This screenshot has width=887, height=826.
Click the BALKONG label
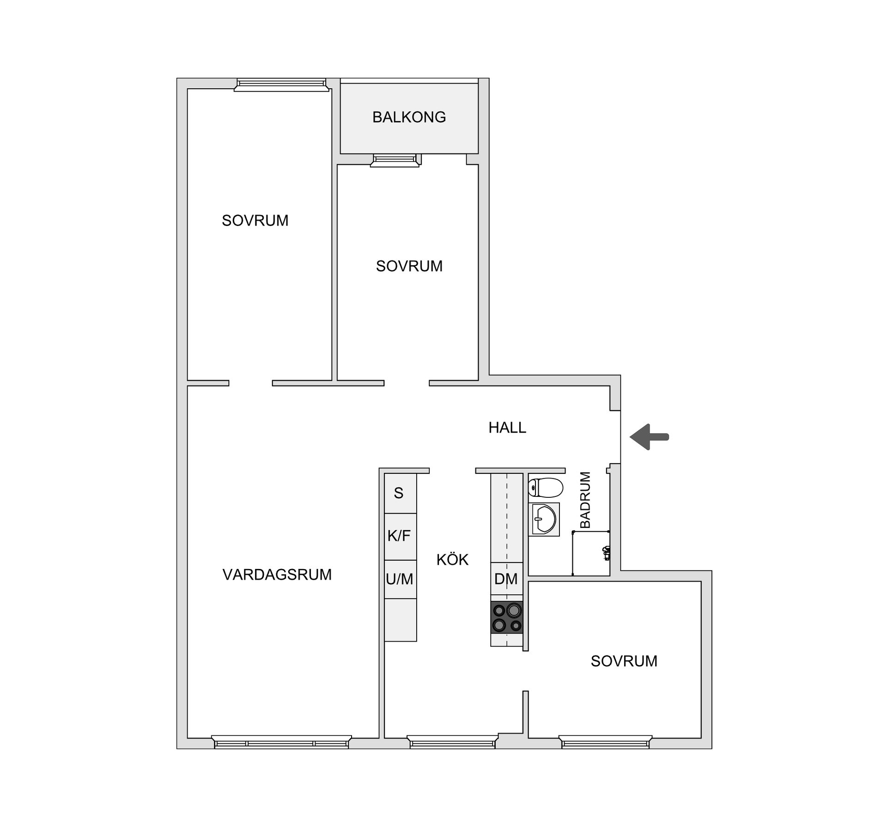tap(409, 117)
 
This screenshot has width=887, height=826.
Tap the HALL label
tap(507, 428)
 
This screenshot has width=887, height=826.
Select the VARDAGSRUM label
tap(277, 575)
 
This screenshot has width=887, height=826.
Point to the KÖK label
tap(452, 560)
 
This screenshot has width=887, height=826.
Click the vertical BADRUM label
tap(585, 500)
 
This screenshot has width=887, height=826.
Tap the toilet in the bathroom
tap(546, 487)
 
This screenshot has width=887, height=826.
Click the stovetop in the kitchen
tap(507, 618)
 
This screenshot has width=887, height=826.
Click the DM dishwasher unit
tap(506, 579)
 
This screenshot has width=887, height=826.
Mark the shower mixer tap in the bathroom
tap(607, 552)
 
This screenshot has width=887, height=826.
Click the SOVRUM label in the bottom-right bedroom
tap(624, 661)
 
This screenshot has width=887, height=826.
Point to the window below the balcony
tap(396, 160)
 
